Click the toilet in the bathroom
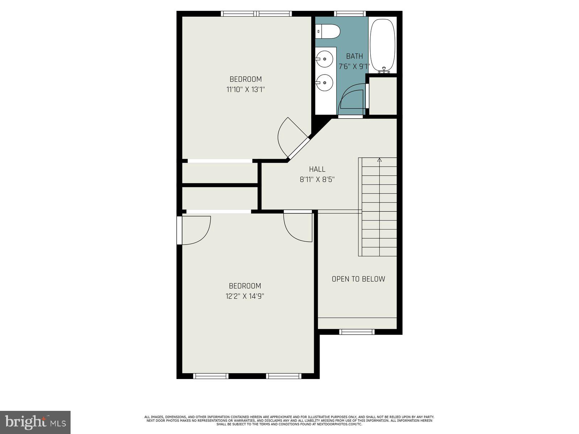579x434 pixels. pos(328,31)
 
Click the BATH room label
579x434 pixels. pos(354,56)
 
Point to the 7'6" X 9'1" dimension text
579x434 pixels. pos(354,67)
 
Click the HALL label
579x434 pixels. pos(317,169)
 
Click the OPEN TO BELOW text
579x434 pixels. pos(358,279)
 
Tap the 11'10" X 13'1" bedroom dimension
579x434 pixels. pos(246,89)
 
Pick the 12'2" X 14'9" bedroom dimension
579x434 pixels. pos(245,296)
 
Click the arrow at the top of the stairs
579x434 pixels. pos(379,159)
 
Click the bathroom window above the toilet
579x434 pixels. pos(350,14)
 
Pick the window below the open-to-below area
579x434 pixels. pos(356,332)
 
